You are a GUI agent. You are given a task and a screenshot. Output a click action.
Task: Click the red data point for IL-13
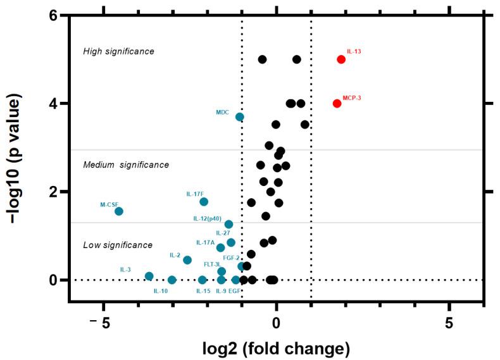click(341, 59)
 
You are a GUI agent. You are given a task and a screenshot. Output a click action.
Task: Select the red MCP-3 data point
click(337, 103)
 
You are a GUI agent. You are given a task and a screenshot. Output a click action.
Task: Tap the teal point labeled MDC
click(240, 117)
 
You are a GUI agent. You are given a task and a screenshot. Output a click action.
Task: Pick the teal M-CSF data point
click(118, 211)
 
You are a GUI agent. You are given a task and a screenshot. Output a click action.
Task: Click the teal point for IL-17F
click(204, 202)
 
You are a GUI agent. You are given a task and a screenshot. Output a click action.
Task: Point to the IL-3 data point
click(149, 276)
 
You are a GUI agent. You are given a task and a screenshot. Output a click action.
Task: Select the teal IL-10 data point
click(172, 280)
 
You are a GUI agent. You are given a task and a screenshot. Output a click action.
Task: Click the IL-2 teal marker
click(187, 260)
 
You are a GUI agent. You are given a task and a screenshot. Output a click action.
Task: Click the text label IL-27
click(222, 233)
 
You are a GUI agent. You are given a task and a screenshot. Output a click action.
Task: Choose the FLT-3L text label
click(212, 264)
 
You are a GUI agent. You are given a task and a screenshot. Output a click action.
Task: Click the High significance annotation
click(118, 51)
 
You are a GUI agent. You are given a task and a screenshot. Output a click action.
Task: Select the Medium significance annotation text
click(117, 164)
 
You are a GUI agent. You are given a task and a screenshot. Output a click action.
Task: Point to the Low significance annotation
click(117, 245)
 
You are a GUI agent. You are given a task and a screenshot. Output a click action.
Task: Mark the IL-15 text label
click(203, 291)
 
